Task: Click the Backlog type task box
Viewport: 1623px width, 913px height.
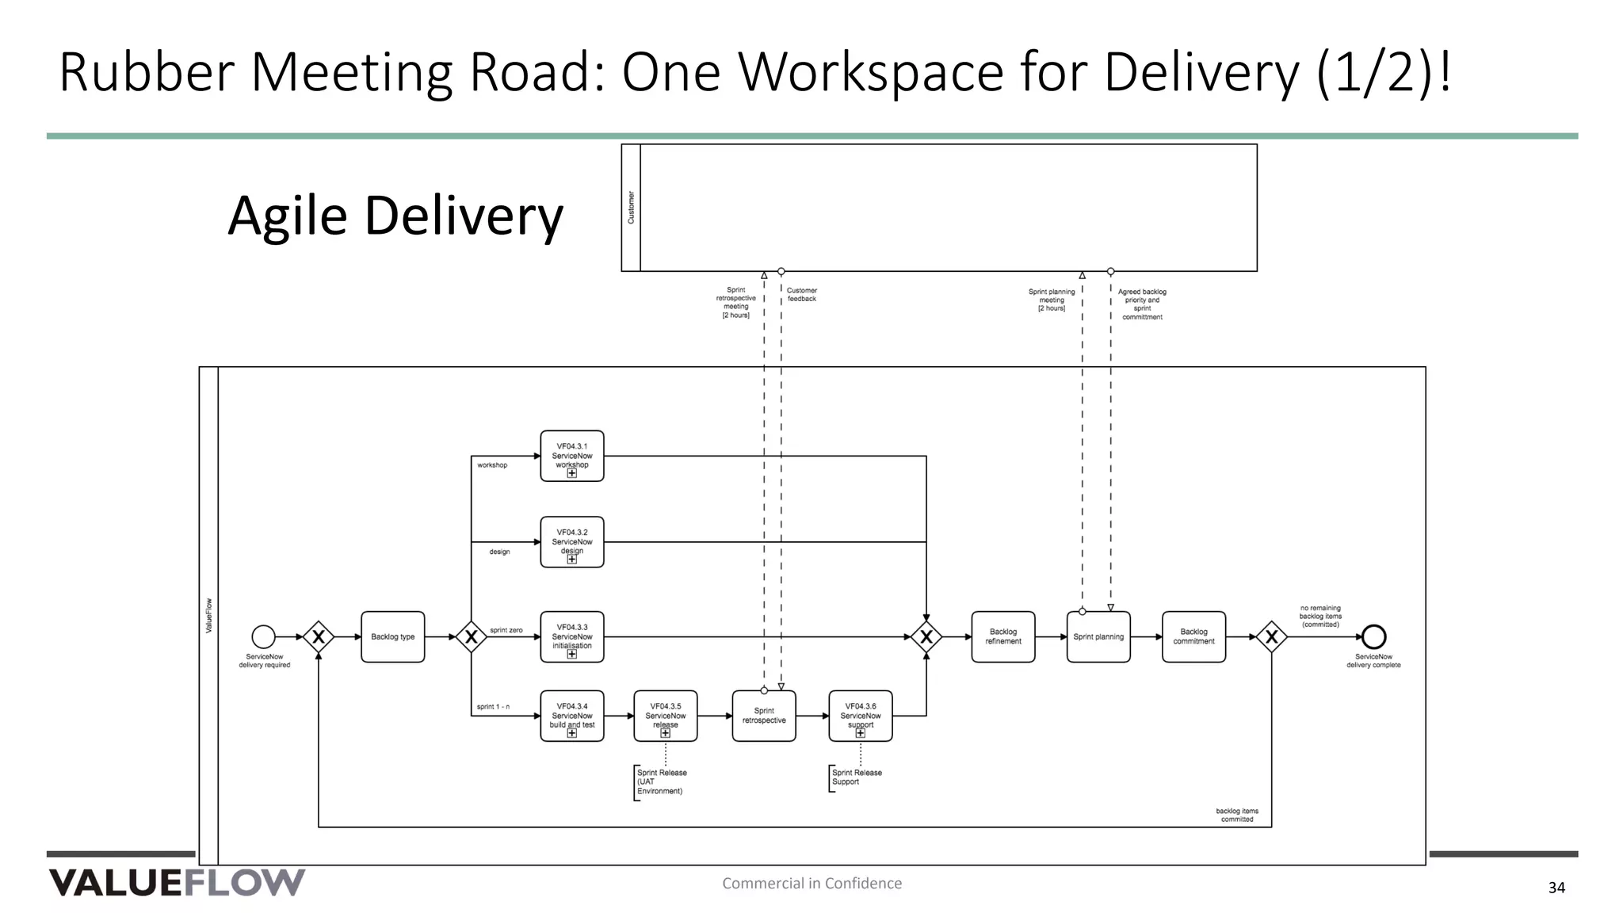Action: click(x=392, y=636)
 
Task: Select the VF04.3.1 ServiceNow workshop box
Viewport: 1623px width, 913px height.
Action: click(x=571, y=456)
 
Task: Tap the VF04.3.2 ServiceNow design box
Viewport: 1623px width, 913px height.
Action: click(x=571, y=542)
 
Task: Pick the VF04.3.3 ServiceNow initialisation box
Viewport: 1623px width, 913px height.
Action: click(x=571, y=636)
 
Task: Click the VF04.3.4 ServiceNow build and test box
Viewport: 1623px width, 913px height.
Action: click(x=571, y=716)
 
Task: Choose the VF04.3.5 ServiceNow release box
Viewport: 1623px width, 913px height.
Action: click(x=665, y=716)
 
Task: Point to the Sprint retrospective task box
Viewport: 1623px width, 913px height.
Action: click(x=764, y=716)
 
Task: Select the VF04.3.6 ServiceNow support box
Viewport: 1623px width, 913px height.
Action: click(x=860, y=716)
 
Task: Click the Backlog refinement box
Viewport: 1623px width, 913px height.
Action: click(x=1002, y=636)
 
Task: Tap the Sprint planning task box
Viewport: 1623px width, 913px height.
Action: click(x=1098, y=636)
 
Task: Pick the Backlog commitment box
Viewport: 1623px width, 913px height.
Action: click(x=1193, y=636)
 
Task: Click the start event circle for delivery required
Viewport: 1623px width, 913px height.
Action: click(x=264, y=636)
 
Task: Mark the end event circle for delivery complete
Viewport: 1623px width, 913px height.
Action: click(x=1373, y=636)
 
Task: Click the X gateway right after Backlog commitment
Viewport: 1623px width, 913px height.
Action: click(x=1271, y=636)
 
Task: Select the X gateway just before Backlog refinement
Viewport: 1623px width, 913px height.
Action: click(x=926, y=636)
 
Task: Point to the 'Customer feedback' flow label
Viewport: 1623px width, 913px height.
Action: click(x=801, y=295)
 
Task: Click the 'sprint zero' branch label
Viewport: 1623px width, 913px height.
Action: click(x=506, y=630)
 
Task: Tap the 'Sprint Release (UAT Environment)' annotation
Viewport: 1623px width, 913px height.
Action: click(x=661, y=781)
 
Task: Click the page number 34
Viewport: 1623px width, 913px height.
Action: click(x=1556, y=888)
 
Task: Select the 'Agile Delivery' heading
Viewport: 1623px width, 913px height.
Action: click(x=395, y=216)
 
